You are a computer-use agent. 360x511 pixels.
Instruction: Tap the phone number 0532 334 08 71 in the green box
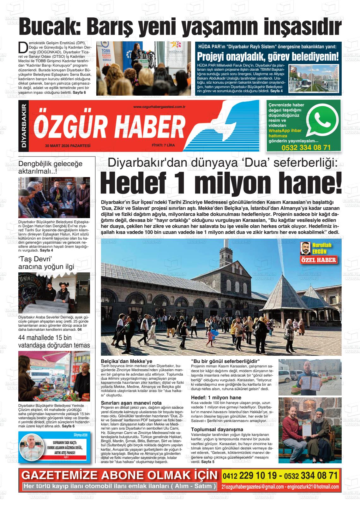[306, 148]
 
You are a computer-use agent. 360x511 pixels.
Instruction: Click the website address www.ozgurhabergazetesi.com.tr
[159, 107]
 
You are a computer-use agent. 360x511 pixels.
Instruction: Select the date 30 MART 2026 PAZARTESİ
[68, 146]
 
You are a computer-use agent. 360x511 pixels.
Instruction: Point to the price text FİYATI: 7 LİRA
[163, 146]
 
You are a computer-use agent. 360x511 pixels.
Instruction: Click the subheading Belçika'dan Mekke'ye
[126, 361]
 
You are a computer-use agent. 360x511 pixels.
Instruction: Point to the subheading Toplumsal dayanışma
[217, 429]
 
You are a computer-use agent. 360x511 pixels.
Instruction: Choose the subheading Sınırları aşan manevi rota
[131, 403]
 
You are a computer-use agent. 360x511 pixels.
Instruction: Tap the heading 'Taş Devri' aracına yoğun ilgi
[46, 263]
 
